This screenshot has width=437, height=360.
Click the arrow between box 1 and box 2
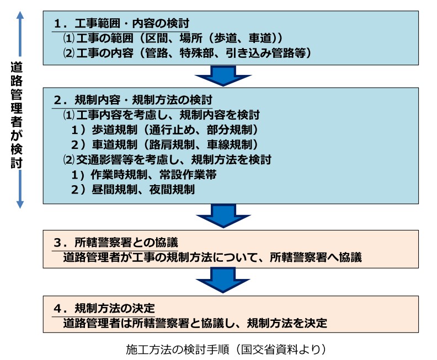[x=223, y=76]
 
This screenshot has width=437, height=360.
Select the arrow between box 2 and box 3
[x=223, y=216]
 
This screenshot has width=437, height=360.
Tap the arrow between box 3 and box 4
[x=223, y=280]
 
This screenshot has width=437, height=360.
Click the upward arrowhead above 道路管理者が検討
[x=20, y=15]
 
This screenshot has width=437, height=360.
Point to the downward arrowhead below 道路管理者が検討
[x=20, y=205]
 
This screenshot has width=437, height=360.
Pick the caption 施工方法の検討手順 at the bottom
[x=226, y=349]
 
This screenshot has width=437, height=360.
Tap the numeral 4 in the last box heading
[x=57, y=309]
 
